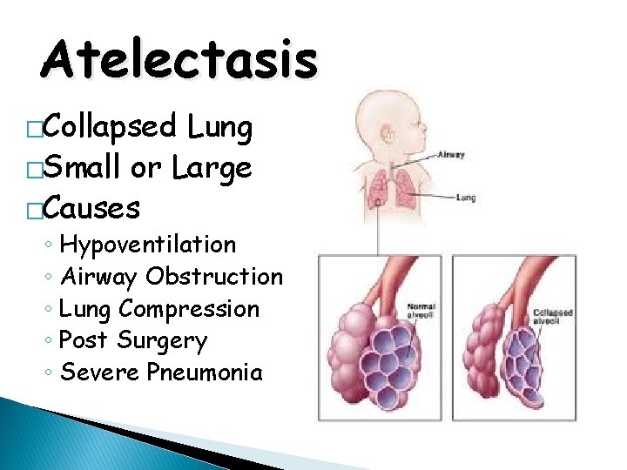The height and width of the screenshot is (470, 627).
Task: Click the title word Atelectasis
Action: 179,60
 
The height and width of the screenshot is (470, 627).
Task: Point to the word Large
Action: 212,169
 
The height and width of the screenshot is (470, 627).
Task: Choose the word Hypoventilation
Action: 148,245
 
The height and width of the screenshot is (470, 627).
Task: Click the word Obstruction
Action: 214,277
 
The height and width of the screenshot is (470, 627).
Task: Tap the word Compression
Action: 189,309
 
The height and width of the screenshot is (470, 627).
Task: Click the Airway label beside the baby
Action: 450,155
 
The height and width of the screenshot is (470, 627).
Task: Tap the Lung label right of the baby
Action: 466,198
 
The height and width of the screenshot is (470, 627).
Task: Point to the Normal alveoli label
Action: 421,312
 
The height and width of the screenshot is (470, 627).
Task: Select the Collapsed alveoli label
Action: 554,316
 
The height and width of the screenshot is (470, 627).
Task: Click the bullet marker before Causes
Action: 34,210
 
